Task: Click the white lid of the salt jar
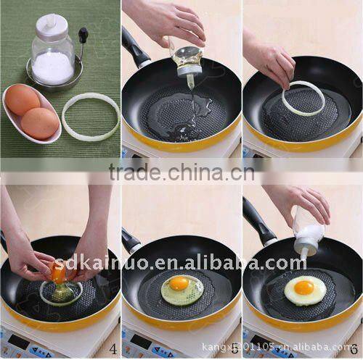(x=52, y=28)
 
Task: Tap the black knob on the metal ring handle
(x=83, y=33)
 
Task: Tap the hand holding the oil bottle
(x=163, y=22)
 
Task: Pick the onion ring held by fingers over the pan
(x=303, y=99)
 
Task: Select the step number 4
(x=113, y=349)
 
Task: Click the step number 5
(x=234, y=349)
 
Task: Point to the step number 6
(x=354, y=349)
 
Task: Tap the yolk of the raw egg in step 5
(x=179, y=285)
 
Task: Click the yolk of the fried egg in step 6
(x=304, y=288)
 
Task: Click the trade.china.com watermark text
(x=181, y=172)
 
